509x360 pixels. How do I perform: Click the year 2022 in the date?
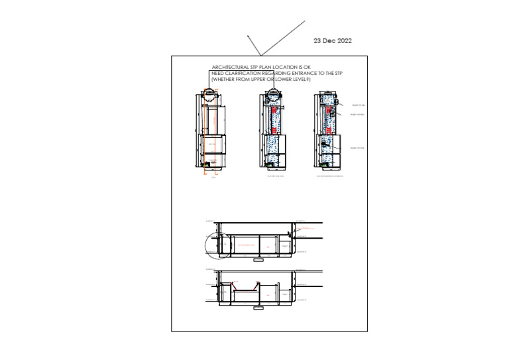coord(343,41)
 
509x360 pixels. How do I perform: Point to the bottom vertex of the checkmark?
coord(260,54)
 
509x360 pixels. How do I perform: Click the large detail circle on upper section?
coord(217,245)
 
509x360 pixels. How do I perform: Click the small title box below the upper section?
coord(257,260)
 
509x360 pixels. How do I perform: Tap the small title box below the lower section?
coord(257,308)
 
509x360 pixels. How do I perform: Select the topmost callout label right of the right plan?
coord(358,105)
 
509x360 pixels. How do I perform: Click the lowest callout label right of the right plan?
coord(358,148)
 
